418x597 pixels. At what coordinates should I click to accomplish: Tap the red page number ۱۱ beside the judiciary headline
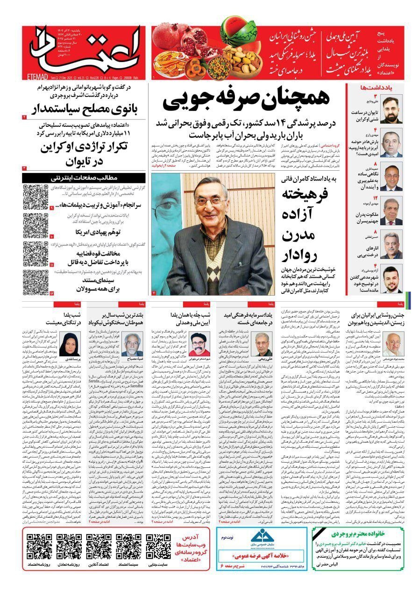pos(52,265)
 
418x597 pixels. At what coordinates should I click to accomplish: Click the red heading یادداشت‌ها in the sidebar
pos(386,87)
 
